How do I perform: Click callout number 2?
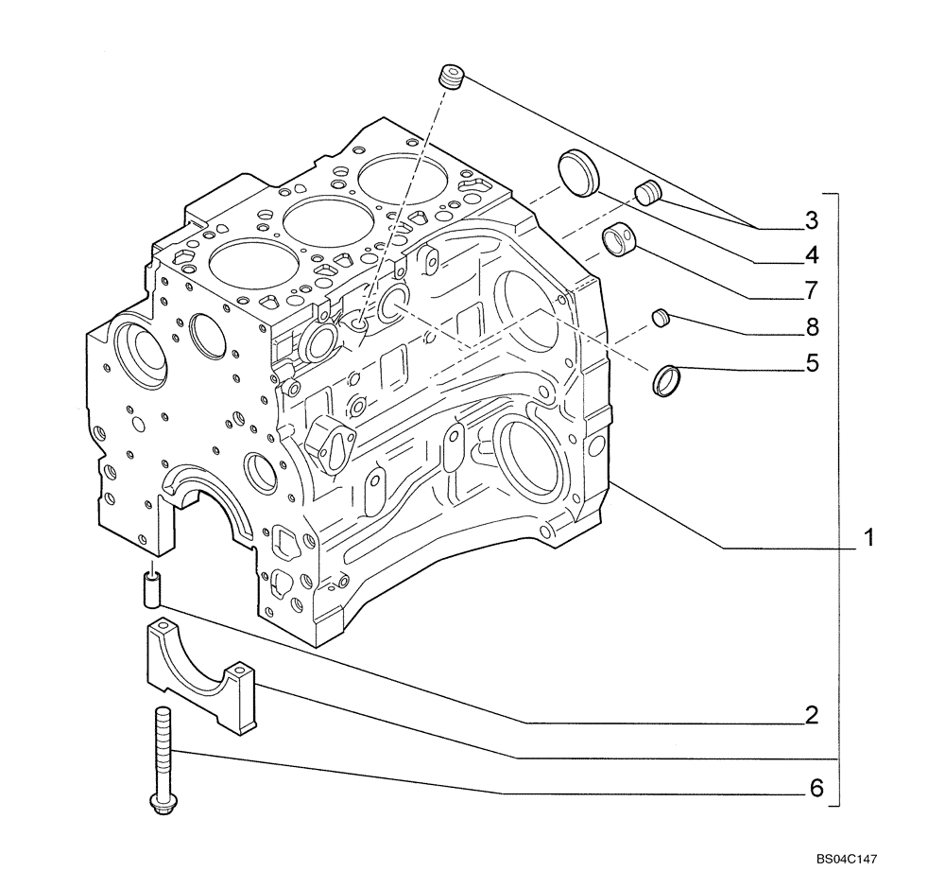(x=811, y=714)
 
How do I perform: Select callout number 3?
(x=810, y=221)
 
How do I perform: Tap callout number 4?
(x=811, y=254)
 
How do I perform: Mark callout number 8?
(x=811, y=327)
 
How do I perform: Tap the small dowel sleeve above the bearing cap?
(x=152, y=587)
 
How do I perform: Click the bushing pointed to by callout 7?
(x=620, y=237)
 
